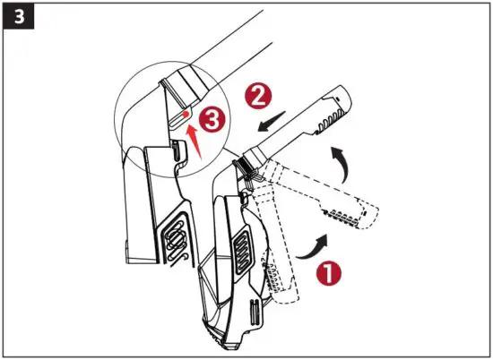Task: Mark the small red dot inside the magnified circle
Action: [x=184, y=116]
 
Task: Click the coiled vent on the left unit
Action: [x=176, y=239]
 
